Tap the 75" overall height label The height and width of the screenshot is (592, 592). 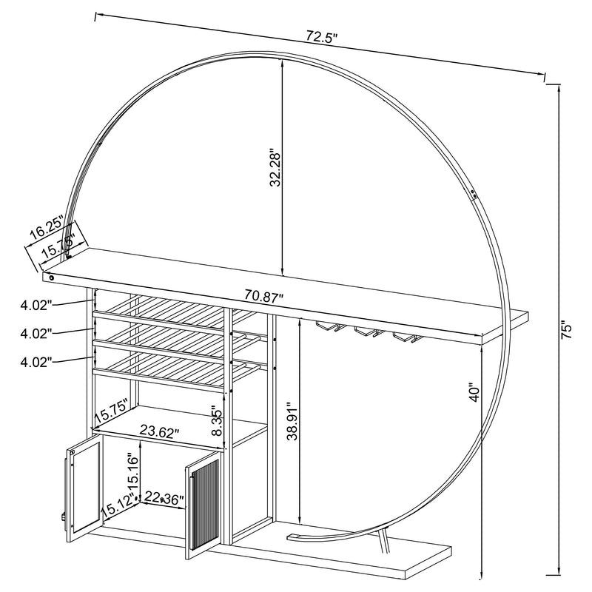565,330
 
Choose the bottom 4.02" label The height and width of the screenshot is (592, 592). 37,362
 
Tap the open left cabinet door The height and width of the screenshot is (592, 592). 82,485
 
